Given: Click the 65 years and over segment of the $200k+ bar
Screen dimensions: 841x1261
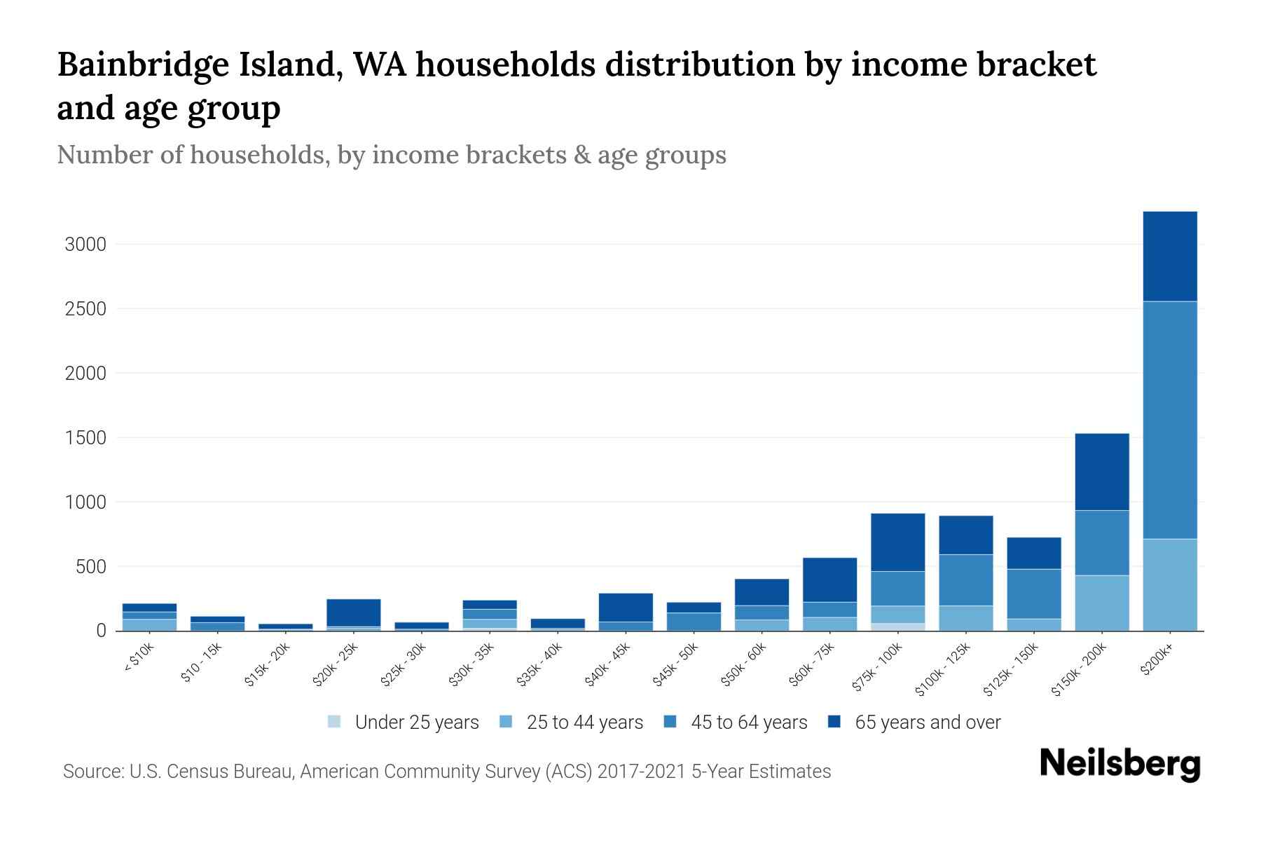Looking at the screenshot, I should [x=1169, y=257].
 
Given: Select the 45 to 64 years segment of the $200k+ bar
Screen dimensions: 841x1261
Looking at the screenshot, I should [x=1169, y=420].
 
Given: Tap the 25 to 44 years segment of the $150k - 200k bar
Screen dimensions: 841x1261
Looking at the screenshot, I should [x=1101, y=603].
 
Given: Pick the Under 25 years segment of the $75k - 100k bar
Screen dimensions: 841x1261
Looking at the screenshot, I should [x=897, y=627].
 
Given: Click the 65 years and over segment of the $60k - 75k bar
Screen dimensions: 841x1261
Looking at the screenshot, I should [x=829, y=580].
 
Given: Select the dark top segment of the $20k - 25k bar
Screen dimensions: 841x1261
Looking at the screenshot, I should [x=353, y=613].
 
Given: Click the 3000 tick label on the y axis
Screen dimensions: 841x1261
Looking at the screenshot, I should [x=85, y=245].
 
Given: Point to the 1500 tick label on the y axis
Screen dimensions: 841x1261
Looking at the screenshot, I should [x=85, y=438].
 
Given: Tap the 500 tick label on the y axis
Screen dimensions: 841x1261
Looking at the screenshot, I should [x=90, y=566].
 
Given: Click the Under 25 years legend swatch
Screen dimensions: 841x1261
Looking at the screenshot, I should [x=335, y=722].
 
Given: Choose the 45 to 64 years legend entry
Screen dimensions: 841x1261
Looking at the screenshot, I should [x=748, y=723].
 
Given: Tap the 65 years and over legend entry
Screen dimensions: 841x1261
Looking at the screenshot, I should [x=927, y=723].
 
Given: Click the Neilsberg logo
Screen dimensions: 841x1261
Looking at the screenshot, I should [x=1119, y=764].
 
